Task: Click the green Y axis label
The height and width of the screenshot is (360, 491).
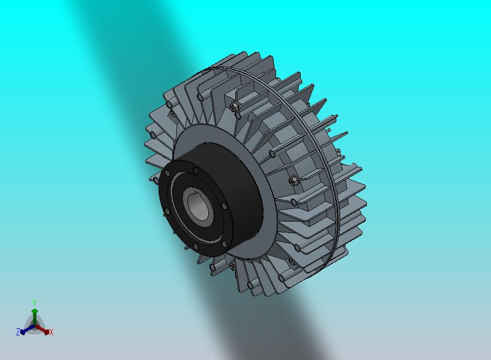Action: pos(34,303)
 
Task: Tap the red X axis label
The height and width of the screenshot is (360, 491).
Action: pos(51,332)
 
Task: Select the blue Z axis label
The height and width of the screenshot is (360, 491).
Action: pos(18,332)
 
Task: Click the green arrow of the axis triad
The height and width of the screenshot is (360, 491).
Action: pos(34,317)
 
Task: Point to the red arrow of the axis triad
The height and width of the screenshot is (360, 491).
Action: pos(42,329)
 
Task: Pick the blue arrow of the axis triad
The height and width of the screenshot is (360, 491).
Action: pos(27,329)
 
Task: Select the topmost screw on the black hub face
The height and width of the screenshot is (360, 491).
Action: pos(196,171)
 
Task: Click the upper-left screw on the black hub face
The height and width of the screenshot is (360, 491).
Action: pos(167,173)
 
